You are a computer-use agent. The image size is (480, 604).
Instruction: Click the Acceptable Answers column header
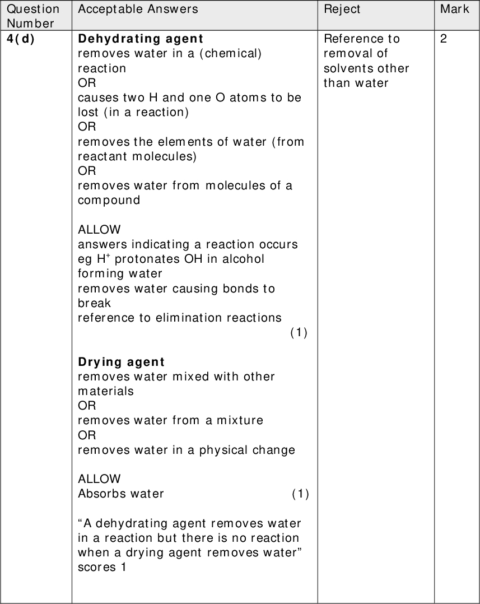[138, 9]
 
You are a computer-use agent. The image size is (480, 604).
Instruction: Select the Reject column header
[342, 9]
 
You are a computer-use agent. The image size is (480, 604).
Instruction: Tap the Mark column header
[454, 9]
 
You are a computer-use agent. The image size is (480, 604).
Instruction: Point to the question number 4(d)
[21, 39]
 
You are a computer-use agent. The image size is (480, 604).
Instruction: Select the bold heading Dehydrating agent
[140, 39]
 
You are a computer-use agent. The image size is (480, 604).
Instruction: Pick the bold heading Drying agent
[121, 362]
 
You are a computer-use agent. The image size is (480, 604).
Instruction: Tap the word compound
[109, 201]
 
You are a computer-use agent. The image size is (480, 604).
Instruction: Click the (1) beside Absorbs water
[300, 494]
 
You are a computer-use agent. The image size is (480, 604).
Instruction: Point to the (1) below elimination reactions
[299, 332]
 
